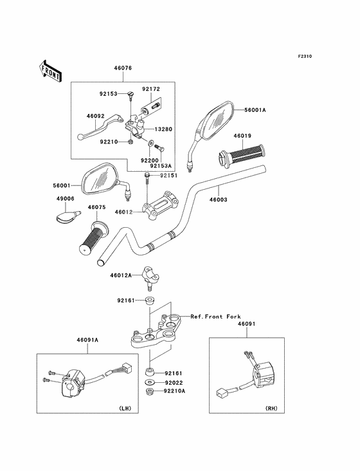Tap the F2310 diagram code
tap(305, 56)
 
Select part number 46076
tap(123, 68)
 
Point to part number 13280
tap(163, 129)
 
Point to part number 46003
tap(218, 199)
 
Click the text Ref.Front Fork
tap(216, 317)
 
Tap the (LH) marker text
tap(125, 408)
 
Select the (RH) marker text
tap(271, 408)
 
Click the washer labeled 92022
tap(149, 383)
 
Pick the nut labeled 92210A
tap(149, 391)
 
